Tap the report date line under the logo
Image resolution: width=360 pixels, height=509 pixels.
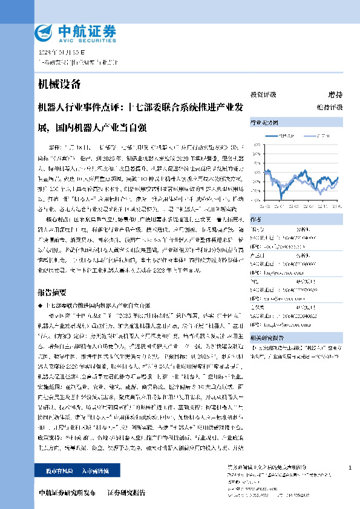pyautogui.click(x=61, y=53)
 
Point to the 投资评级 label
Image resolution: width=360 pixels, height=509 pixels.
pyautogui.click(x=263, y=94)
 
